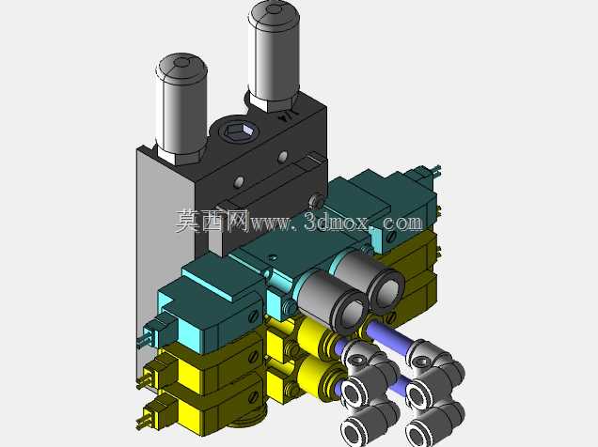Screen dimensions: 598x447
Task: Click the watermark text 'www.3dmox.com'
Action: (x=337, y=222)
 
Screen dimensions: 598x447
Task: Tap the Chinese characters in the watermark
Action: (x=212, y=221)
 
